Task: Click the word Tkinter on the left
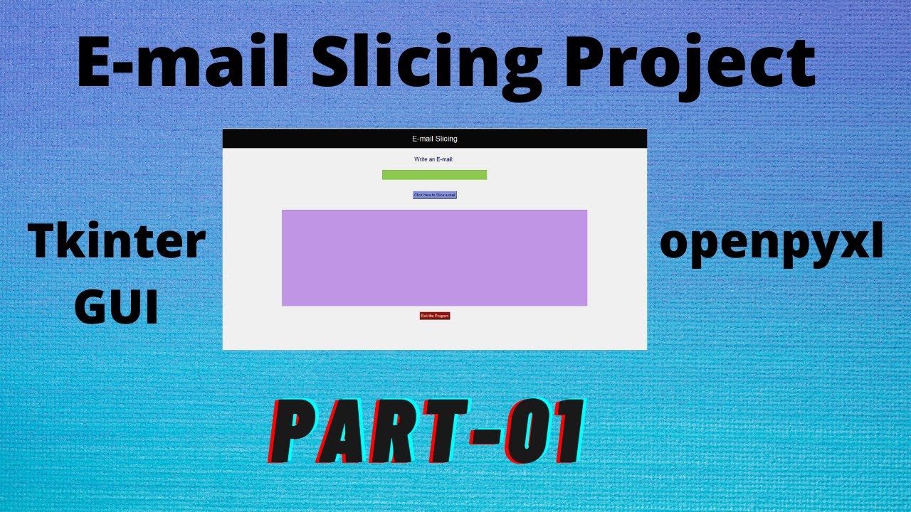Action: [117, 242]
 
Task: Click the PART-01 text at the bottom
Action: [427, 432]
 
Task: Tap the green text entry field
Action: [434, 175]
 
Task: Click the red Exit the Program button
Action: [435, 316]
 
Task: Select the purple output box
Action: [434, 257]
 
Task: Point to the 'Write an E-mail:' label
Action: [434, 159]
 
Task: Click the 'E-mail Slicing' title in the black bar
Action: [434, 139]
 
